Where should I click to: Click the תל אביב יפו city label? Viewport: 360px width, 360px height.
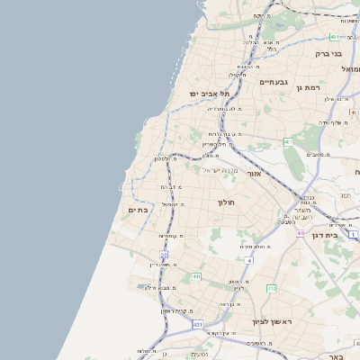(209, 93)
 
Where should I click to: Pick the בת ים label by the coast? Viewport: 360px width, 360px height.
(138, 210)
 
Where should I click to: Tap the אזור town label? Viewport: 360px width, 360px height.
(254, 173)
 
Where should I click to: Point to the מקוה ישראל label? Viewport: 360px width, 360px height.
(211, 170)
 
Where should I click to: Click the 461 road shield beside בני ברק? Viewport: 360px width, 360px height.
(335, 37)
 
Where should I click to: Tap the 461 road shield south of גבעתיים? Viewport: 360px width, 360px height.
(288, 142)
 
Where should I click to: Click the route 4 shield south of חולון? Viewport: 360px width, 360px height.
(247, 260)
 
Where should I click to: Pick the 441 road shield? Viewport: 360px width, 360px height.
(195, 277)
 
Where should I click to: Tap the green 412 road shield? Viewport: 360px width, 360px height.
(271, 288)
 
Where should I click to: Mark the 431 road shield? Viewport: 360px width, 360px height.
(197, 323)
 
